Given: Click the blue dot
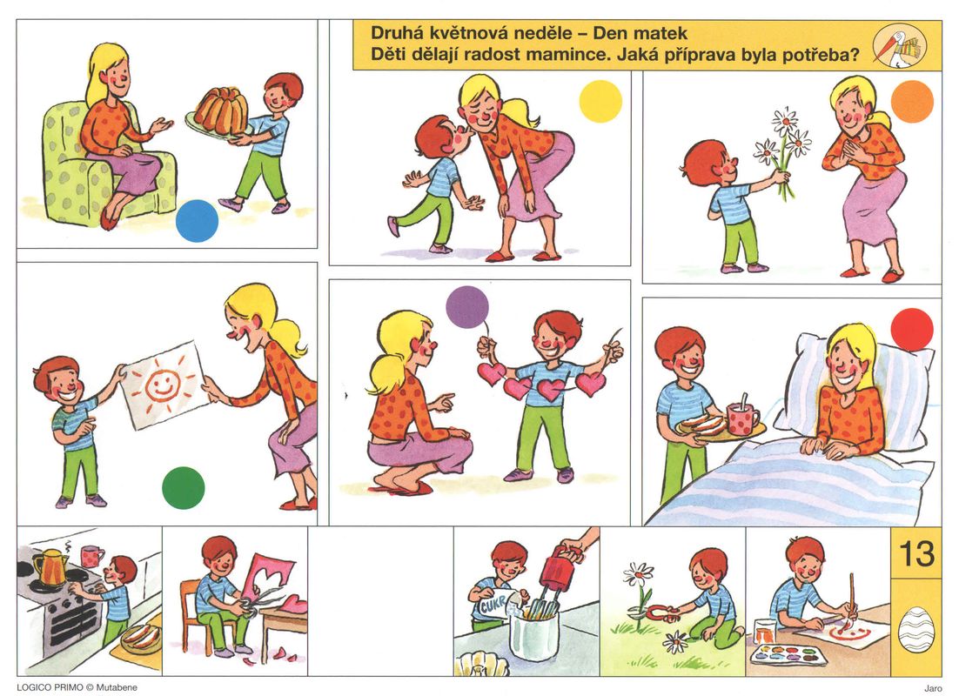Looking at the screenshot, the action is click(197, 221).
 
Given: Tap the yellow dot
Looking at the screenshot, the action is click(600, 102).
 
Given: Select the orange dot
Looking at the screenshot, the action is click(913, 102).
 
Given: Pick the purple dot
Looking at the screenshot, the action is click(467, 307).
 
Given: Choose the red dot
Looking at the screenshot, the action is click(912, 330).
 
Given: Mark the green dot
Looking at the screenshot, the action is click(184, 488).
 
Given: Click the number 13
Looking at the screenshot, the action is click(916, 553).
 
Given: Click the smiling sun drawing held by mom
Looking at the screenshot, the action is click(164, 384).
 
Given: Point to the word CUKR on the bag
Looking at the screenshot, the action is click(493, 606).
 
